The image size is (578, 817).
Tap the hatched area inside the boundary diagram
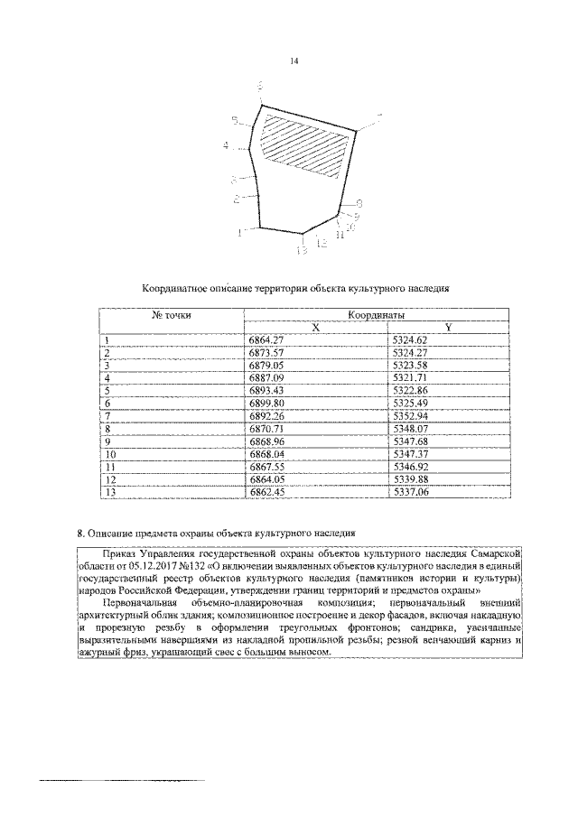303,140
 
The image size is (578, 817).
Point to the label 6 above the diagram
261,86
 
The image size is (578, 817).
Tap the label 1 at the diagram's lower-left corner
239,232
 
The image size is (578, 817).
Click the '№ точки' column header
171,315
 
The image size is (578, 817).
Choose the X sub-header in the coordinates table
315,327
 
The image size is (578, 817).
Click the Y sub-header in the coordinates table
447,327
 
